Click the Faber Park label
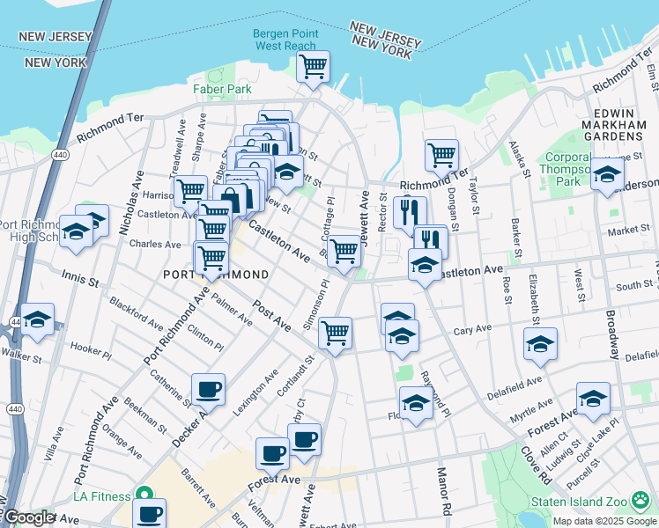click(x=217, y=89)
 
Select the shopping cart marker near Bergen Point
click(x=313, y=66)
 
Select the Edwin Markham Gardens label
click(x=609, y=125)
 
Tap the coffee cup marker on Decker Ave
click(x=209, y=389)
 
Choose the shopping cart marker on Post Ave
click(x=335, y=333)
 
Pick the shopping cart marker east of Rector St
click(x=441, y=156)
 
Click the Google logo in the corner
click(x=29, y=517)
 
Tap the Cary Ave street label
click(x=471, y=330)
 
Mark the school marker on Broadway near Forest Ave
click(x=593, y=398)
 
